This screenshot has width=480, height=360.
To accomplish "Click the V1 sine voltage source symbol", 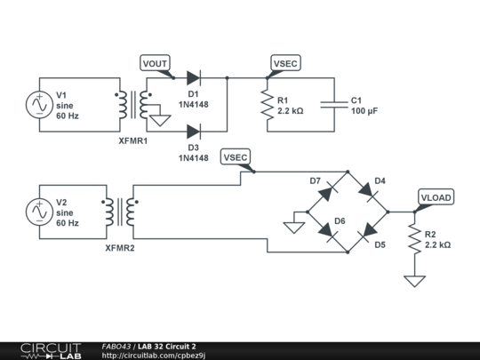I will pyautogui.click(x=40, y=105).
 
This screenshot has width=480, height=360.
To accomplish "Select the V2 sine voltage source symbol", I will pyautogui.click(x=40, y=212).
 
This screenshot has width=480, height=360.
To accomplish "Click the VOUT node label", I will pyautogui.click(x=156, y=63).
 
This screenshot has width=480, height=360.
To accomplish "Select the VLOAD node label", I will pyautogui.click(x=435, y=197).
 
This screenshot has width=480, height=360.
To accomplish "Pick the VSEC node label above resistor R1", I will pyautogui.click(x=285, y=63).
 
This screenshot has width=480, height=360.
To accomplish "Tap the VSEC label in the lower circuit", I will pyautogui.click(x=236, y=157).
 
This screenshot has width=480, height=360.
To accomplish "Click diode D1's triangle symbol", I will pyautogui.click(x=193, y=78).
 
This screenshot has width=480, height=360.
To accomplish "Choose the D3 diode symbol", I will pyautogui.click(x=193, y=132).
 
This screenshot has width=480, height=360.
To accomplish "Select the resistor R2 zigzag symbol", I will pyautogui.click(x=414, y=239).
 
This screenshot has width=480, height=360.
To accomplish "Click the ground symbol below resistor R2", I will pyautogui.click(x=414, y=281).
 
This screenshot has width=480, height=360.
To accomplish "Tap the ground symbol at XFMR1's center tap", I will pyautogui.click(x=161, y=118).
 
